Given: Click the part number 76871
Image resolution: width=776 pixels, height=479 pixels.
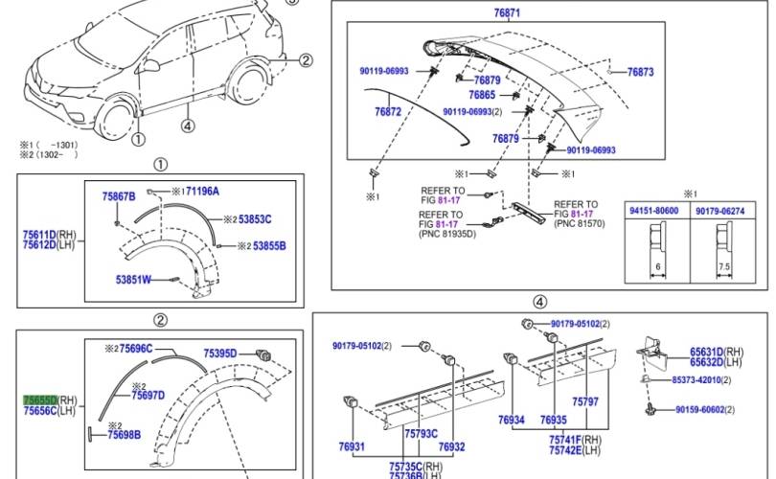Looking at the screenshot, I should pos(508,13).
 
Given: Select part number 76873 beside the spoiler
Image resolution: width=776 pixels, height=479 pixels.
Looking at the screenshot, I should pos(640,72).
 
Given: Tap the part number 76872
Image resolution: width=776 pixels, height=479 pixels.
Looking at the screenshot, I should pos(388,112).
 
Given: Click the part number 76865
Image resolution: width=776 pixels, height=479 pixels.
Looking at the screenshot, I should pos(482,95).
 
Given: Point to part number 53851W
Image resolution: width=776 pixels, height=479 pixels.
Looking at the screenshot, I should pos(133,280).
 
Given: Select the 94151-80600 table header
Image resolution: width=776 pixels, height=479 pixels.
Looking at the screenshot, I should pos(652,211).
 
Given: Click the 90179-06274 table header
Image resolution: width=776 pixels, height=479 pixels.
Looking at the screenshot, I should pos(719,211).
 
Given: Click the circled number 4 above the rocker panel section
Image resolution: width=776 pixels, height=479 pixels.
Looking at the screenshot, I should pos(539,302).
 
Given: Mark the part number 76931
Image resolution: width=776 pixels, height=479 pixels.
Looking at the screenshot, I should pos(352,447).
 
